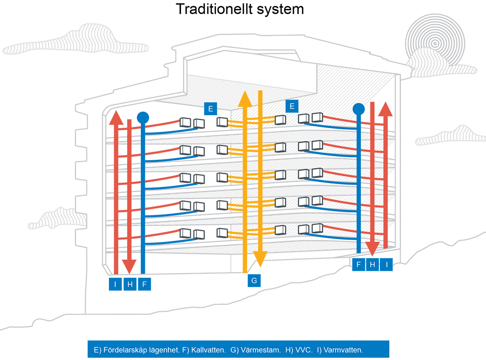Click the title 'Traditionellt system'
coord(240,9)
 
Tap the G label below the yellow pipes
coord(254,281)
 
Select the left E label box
coord(210,109)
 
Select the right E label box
coord(292,106)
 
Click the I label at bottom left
coord(116,284)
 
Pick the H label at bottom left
coord(130,284)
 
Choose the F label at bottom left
coord(144,284)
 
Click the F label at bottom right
coord(358,265)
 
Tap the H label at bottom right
coord(372,265)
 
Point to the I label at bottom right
coord(386,265)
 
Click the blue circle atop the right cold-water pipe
coord(359,109)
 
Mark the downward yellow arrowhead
coord(260,258)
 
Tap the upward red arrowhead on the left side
coord(116,118)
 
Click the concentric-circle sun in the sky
coord(434,43)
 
